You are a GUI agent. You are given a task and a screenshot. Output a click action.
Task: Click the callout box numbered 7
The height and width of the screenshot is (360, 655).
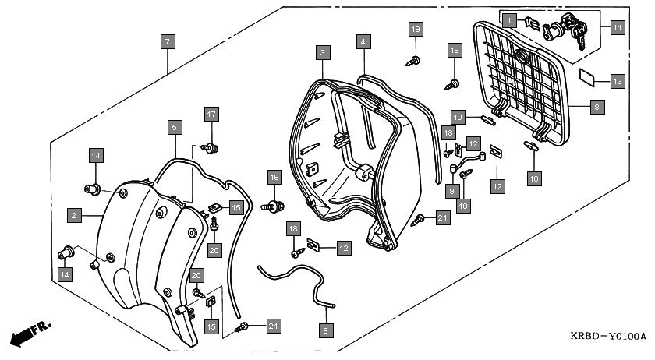pos(168,41)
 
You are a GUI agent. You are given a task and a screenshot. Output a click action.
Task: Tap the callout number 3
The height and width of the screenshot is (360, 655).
pos(322,53)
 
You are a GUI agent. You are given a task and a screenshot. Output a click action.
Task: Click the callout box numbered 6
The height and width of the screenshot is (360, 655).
pos(325,330)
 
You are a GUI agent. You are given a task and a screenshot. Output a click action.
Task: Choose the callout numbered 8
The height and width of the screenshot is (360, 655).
pos(597,108)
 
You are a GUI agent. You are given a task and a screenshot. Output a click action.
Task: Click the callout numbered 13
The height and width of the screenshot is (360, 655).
pos(617,80)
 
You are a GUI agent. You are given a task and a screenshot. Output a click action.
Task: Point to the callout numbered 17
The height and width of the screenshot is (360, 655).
pos(210,115)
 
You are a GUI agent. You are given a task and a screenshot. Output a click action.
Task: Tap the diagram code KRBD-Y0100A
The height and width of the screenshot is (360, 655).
pos(607,337)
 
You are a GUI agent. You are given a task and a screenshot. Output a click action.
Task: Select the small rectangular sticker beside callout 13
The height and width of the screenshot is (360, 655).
pos(590,78)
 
